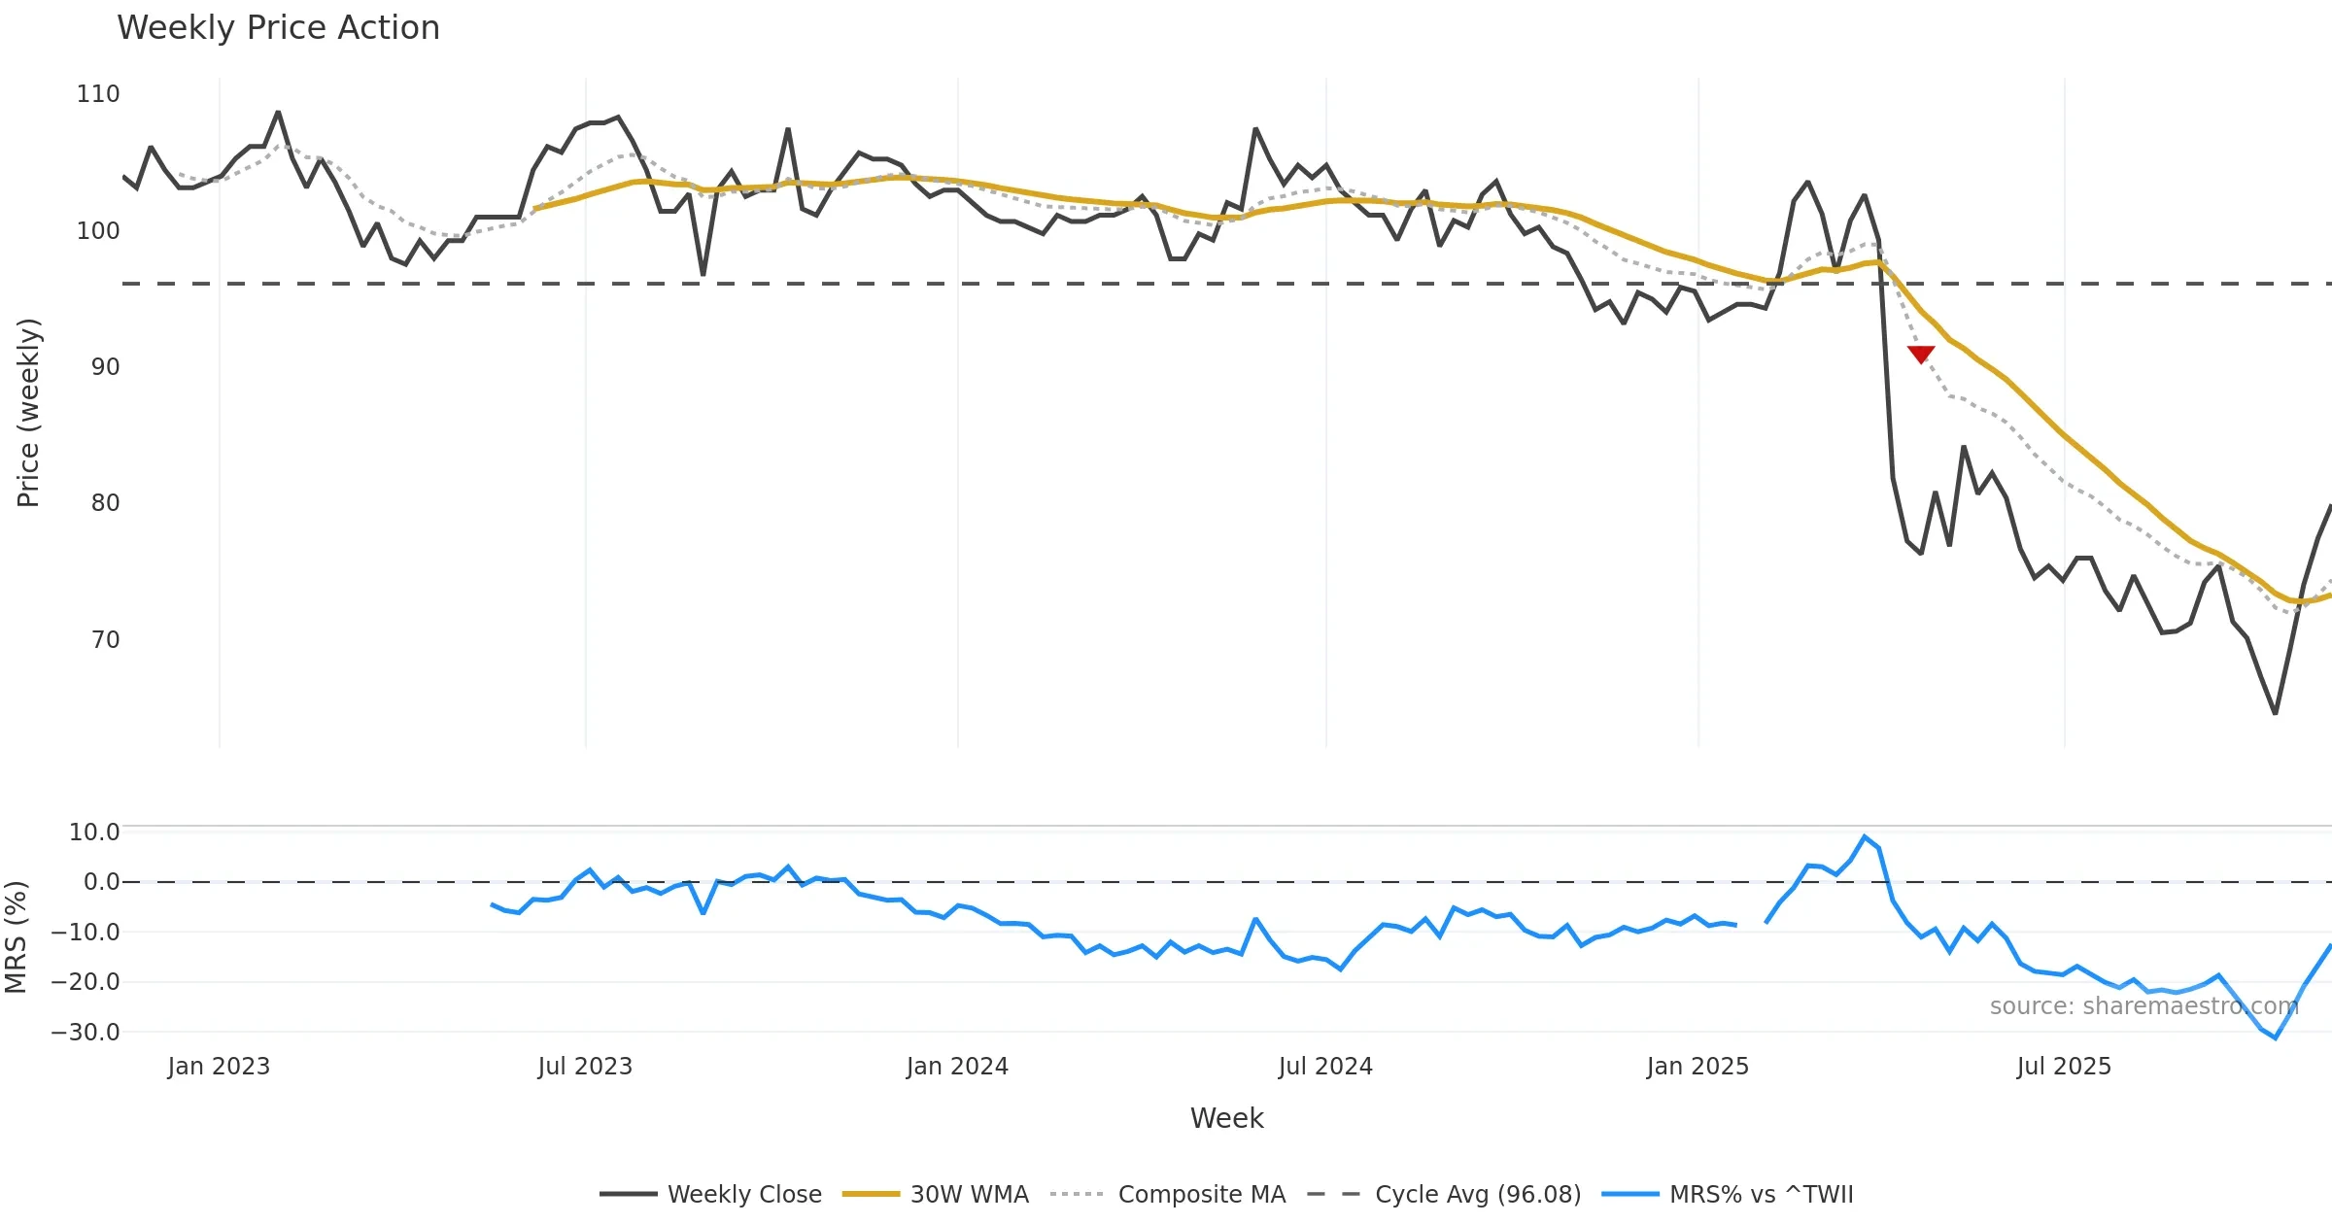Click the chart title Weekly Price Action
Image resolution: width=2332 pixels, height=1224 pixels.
click(x=278, y=28)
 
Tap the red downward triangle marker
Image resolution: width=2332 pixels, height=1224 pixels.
click(x=1920, y=354)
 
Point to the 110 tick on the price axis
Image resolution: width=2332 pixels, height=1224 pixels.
click(x=98, y=94)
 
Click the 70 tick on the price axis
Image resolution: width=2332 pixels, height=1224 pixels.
click(x=105, y=640)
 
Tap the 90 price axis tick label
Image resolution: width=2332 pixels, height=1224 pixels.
click(x=105, y=367)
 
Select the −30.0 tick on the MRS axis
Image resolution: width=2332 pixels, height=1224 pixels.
click(x=86, y=1032)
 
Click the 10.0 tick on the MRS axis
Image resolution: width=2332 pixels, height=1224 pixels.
click(x=94, y=833)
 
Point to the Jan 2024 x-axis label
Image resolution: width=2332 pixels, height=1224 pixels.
click(x=957, y=1067)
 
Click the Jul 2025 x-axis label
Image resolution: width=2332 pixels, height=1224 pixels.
click(x=2064, y=1067)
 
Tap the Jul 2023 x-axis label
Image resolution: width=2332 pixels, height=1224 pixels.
click(x=585, y=1067)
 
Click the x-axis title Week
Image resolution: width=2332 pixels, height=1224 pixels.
click(x=1226, y=1119)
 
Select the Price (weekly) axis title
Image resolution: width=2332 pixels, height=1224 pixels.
click(x=28, y=413)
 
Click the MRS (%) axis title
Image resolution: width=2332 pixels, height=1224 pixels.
click(x=16, y=936)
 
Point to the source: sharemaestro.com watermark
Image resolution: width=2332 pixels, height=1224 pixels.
click(x=2143, y=1006)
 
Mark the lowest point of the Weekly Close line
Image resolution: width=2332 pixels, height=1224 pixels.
click(x=2275, y=713)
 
